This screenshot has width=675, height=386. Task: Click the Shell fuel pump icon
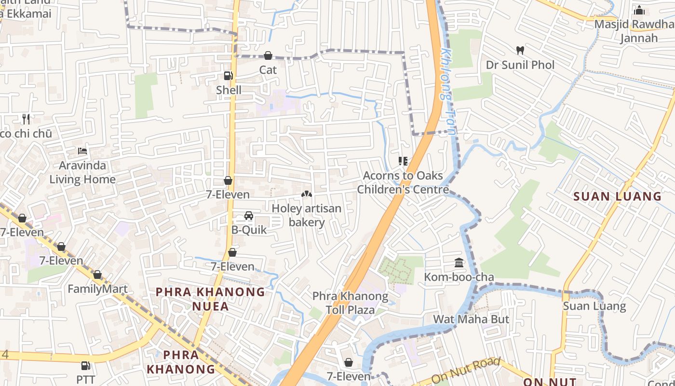pyautogui.click(x=228, y=76)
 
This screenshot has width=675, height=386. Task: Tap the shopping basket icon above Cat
pyautogui.click(x=268, y=56)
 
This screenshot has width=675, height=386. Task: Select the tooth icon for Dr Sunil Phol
pyautogui.click(x=520, y=50)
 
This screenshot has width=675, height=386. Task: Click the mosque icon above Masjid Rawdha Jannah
pyautogui.click(x=639, y=10)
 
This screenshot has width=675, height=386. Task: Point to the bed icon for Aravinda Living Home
pyautogui.click(x=82, y=151)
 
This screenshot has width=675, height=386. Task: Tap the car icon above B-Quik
pyautogui.click(x=249, y=216)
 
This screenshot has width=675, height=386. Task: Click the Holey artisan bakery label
pyautogui.click(x=307, y=215)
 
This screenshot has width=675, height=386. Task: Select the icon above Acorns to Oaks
pyautogui.click(x=403, y=161)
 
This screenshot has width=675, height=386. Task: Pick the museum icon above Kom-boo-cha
pyautogui.click(x=459, y=263)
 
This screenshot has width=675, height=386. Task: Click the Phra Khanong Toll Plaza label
pyautogui.click(x=350, y=303)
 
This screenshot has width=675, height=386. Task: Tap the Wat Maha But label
pyautogui.click(x=471, y=319)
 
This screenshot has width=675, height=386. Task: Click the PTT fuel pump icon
pyautogui.click(x=86, y=366)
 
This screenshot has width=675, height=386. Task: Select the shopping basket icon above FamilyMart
pyautogui.click(x=97, y=275)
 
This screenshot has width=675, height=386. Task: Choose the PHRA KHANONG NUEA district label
pyautogui.click(x=211, y=299)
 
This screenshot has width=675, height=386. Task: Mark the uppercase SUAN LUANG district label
pyautogui.click(x=618, y=196)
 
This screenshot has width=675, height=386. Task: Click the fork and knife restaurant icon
pyautogui.click(x=26, y=119)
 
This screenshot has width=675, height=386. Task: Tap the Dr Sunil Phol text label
pyautogui.click(x=520, y=65)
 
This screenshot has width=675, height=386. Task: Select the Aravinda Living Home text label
pyautogui.click(x=82, y=172)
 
